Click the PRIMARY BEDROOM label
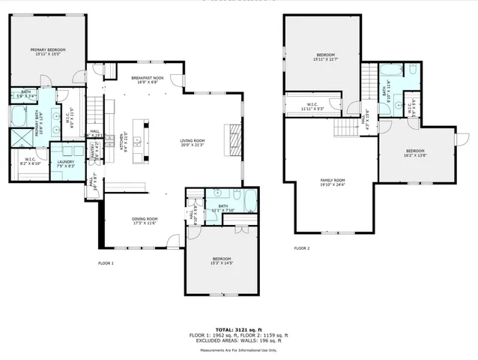coord(44,50)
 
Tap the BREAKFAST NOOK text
coord(148,79)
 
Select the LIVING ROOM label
coord(196,142)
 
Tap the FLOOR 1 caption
coord(106,263)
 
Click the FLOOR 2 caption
coord(302,247)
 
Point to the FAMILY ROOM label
coord(332,182)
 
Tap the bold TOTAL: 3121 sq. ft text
coord(238,329)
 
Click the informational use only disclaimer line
coord(238,349)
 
